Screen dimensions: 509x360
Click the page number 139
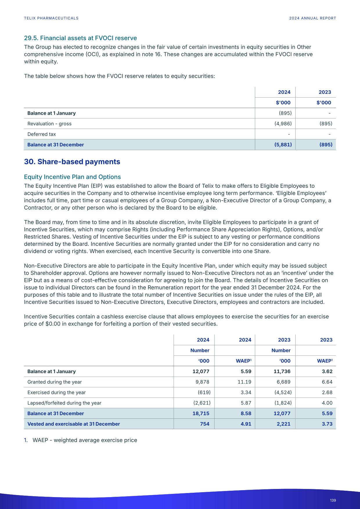coord(333,500)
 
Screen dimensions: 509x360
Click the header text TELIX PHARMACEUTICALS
coord(51,18)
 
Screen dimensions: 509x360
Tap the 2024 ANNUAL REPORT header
coord(312,18)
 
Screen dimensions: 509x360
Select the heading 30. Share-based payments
coord(72,162)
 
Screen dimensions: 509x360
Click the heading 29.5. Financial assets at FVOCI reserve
coord(80,38)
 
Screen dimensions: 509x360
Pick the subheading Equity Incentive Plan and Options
coord(72,177)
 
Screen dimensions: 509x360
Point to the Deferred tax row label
coord(42,134)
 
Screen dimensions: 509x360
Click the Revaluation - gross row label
coord(49,124)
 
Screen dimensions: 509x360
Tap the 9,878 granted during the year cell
coord(202,382)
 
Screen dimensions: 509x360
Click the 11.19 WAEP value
coord(244,382)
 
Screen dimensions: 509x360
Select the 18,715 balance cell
coord(201,413)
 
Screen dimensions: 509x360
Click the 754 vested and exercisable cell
coord(205,424)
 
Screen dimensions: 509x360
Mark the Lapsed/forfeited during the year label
coord(64,403)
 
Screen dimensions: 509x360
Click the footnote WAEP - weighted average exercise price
coord(84,440)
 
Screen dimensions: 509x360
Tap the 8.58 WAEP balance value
coord(246,413)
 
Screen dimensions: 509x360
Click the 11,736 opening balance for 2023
coord(282,371)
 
